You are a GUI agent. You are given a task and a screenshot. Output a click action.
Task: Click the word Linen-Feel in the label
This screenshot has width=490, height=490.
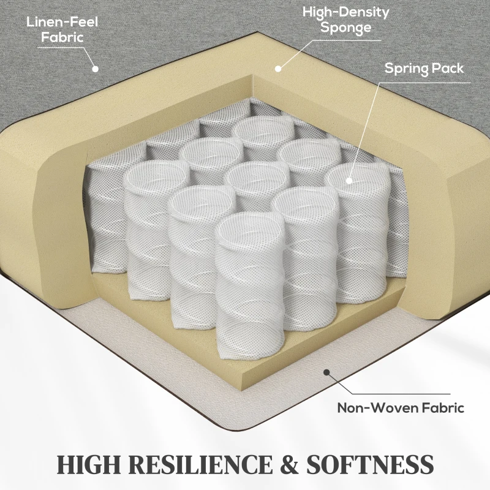pyautogui.click(x=62, y=22)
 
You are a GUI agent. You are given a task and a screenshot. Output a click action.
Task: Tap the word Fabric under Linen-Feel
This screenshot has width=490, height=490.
pyautogui.click(x=62, y=37)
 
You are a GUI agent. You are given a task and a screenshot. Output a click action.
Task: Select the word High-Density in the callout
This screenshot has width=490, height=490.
pyautogui.click(x=345, y=12)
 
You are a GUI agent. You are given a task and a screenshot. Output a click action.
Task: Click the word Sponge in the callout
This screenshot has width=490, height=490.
pyautogui.click(x=346, y=27)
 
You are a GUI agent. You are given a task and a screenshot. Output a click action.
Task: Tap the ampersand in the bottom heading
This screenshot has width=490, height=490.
pyautogui.click(x=290, y=464)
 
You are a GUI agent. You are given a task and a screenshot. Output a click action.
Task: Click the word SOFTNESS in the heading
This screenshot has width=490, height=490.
pyautogui.click(x=370, y=464)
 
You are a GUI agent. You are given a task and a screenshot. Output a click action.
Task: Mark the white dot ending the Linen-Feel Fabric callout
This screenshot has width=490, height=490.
pyautogui.click(x=95, y=69)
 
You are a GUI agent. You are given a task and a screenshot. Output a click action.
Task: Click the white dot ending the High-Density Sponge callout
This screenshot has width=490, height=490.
pyautogui.click(x=278, y=69)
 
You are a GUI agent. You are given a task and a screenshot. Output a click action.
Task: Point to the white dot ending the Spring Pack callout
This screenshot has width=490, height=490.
pyautogui.click(x=349, y=180)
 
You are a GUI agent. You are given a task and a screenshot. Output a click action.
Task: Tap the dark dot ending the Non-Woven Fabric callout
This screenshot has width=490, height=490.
pyautogui.click(x=326, y=372)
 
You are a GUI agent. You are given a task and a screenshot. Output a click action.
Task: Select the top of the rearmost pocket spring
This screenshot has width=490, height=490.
pyautogui.click(x=265, y=129)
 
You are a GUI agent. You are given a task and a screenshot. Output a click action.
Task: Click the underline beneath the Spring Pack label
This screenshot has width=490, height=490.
pyautogui.click(x=424, y=83)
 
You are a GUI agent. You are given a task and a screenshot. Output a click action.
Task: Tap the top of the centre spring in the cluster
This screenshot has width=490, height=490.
pyautogui.click(x=257, y=176)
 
